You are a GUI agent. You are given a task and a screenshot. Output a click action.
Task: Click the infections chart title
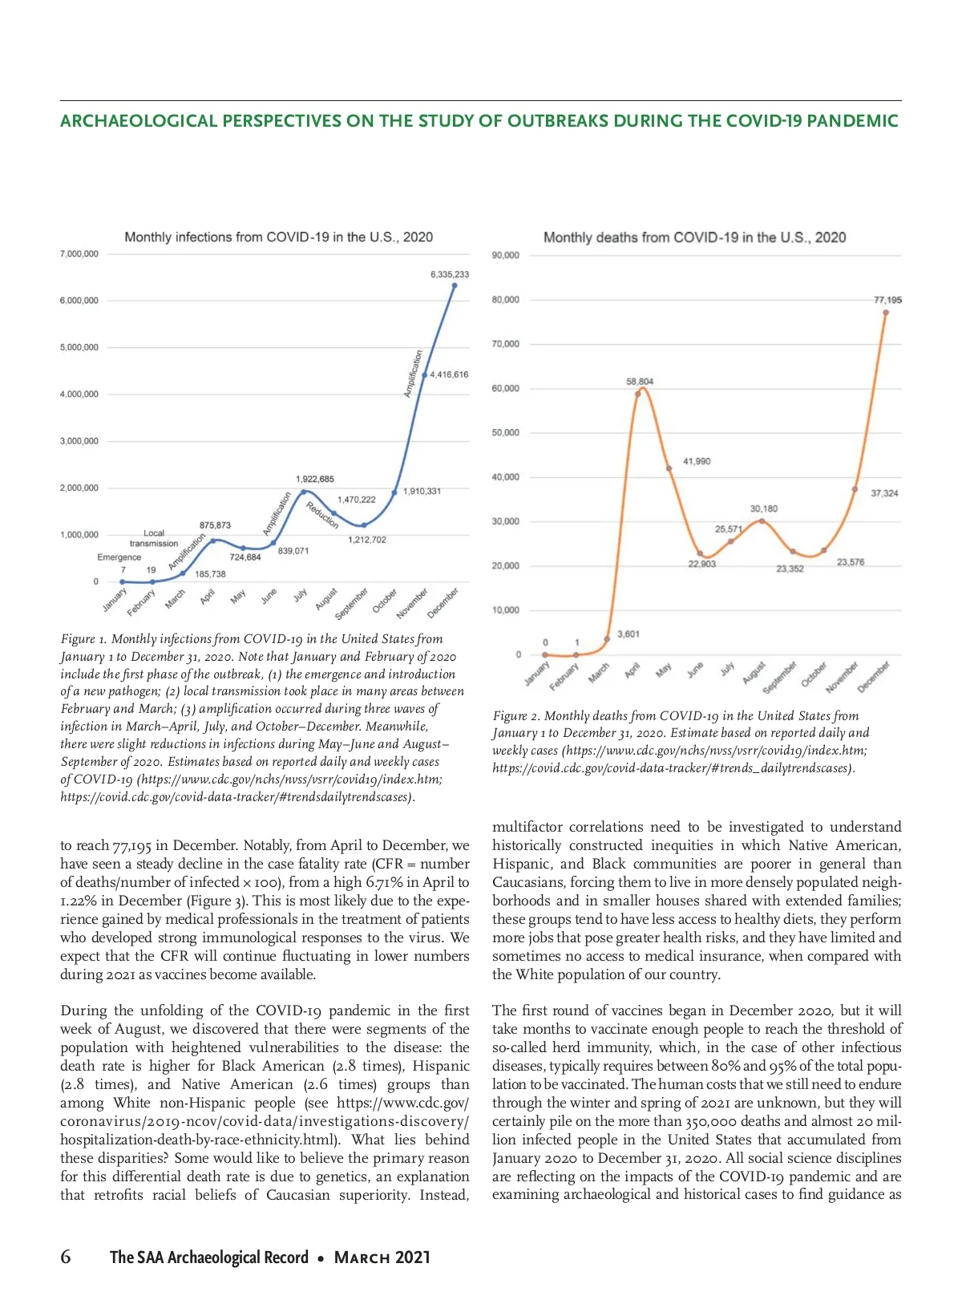[278, 237]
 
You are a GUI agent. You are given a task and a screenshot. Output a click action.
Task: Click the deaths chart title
[694, 237]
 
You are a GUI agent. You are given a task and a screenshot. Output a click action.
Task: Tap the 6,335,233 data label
[450, 274]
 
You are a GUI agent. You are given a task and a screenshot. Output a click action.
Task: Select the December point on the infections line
[455, 285]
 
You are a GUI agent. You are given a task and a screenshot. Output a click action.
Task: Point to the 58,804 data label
[640, 382]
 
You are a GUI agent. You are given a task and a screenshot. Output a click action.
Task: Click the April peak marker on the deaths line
[638, 393]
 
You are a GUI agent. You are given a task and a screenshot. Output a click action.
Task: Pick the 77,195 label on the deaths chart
[887, 300]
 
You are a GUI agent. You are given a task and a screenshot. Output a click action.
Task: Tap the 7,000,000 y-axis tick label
[79, 254]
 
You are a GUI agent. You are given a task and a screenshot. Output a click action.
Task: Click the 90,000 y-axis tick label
[506, 256]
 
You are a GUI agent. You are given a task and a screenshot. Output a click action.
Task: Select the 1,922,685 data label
[315, 479]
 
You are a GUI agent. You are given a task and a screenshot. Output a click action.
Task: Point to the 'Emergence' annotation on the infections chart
[119, 557]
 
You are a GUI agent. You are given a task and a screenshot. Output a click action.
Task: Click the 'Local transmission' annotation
[154, 538]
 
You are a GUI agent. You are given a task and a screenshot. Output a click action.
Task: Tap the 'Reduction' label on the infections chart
[322, 514]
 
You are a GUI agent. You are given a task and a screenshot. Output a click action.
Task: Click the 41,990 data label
[697, 461]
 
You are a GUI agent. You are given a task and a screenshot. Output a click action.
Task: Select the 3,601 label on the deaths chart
[629, 634]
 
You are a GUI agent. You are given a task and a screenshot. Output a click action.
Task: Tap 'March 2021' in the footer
[382, 1257]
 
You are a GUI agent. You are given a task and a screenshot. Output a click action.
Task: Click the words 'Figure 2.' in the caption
[516, 716]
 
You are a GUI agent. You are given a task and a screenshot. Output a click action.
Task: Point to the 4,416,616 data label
[449, 375]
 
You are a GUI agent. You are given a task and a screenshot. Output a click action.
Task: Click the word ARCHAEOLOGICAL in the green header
[139, 121]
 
